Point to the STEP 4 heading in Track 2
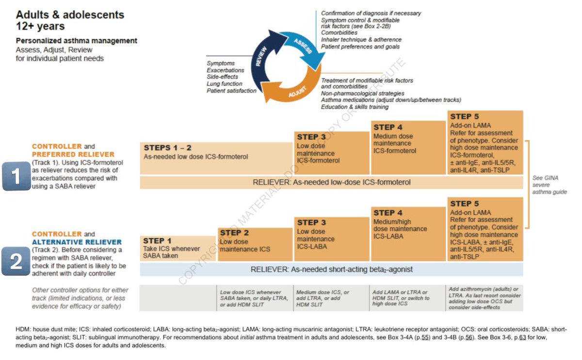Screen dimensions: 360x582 (388, 213)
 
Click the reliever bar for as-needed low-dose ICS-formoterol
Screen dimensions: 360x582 (331, 182)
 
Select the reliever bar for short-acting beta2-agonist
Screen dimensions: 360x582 (331, 269)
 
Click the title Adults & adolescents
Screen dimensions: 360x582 (70, 15)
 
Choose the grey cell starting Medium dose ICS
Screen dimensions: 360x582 (331, 298)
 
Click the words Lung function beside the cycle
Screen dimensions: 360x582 (224, 84)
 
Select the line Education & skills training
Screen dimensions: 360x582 (355, 107)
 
